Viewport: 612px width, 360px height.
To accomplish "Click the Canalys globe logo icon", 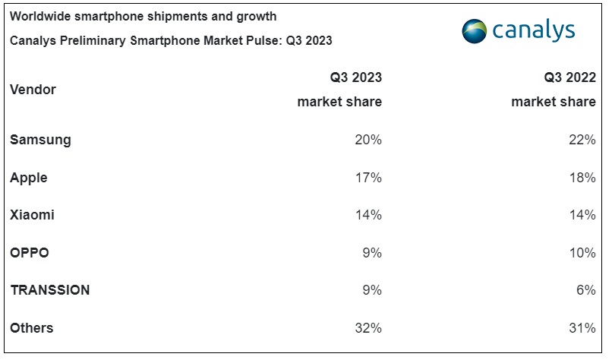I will coord(475,30).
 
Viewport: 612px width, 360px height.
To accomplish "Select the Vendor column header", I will coord(33,90).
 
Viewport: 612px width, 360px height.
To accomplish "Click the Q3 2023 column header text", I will coord(355,77).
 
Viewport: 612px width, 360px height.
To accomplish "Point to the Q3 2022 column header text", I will coord(569,77).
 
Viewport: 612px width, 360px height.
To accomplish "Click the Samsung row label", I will coord(40,140).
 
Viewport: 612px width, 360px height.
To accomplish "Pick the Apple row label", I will coord(29,178).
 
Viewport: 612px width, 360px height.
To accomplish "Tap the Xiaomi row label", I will coord(32,215).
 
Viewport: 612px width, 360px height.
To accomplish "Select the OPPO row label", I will coord(30,253).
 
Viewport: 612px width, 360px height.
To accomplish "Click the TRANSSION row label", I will coord(50,290).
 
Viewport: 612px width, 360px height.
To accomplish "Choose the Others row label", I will coord(32,328).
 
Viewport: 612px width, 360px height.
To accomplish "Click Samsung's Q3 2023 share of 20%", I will coord(368,140).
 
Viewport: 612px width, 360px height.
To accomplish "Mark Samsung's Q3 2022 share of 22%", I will coord(582,140).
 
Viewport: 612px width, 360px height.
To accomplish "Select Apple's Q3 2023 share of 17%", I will coord(368,178).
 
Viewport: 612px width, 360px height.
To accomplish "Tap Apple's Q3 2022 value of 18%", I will coord(582,178).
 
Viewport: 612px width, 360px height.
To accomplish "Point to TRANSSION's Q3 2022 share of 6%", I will coord(585,290).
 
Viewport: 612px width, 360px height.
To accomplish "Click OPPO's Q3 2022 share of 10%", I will coord(582,253).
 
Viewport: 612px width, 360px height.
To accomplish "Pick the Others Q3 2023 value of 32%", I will coord(368,328).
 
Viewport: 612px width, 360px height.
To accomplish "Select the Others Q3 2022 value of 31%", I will coord(582,328).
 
